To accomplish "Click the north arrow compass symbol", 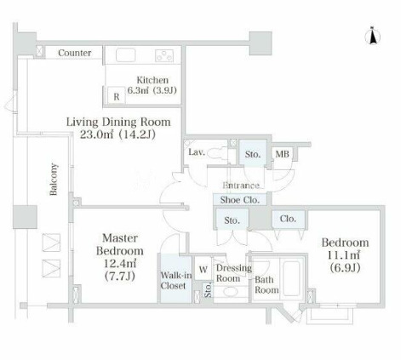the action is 373,36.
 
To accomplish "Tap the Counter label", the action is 75,53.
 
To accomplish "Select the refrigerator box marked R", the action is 117,95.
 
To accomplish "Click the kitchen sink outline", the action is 126,55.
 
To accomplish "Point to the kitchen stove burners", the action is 164,55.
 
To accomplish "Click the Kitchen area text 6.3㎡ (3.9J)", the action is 152,90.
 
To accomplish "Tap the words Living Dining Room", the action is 118,122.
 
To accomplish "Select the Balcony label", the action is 54,180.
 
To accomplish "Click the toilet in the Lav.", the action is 218,154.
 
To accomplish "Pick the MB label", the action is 283,154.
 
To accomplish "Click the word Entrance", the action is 241,186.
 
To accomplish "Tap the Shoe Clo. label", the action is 240,200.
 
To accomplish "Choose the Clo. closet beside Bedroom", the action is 289,219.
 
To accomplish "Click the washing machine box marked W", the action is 203,269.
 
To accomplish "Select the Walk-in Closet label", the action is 175,280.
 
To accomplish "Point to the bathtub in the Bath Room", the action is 292,278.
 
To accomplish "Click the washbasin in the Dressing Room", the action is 231,292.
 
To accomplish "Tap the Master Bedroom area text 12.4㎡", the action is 120,264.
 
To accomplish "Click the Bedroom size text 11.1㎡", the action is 345,255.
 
